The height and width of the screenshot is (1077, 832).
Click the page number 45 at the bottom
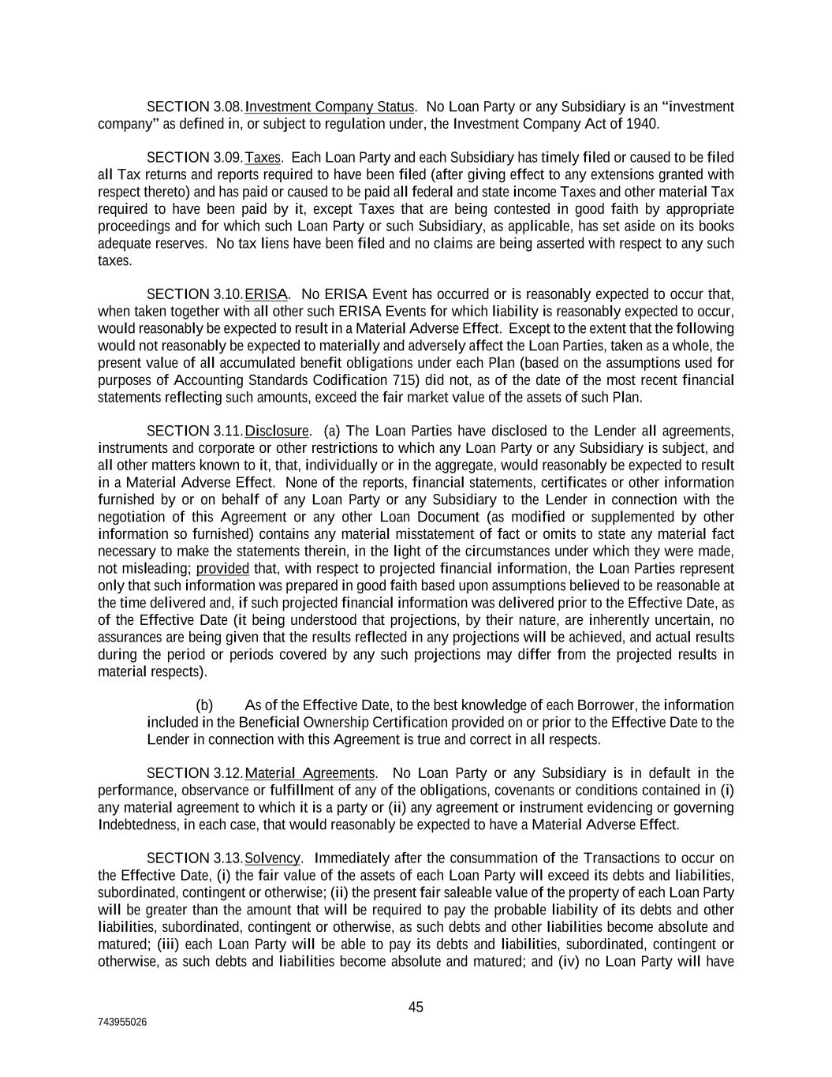pos(416,1007)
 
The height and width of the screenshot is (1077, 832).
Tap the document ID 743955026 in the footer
pos(121,1022)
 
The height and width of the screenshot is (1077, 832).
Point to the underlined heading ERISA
pos(266,294)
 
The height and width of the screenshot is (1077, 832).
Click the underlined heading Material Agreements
pos(310,773)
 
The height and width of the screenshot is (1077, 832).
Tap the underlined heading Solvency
pos(272,858)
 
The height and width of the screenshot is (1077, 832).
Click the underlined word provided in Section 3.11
pos(222,569)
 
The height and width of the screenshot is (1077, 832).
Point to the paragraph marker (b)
pos(204,705)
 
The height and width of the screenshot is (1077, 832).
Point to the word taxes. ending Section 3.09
pos(115,261)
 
